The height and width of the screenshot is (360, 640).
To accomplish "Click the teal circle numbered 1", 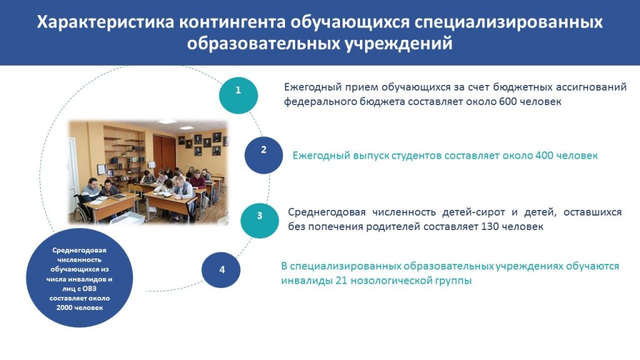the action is click(238, 95).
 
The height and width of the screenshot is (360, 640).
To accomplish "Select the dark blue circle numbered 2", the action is click(264, 155).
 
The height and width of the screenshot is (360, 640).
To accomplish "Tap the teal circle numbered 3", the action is click(259, 220).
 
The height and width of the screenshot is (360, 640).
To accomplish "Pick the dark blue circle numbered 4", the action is click(221, 270).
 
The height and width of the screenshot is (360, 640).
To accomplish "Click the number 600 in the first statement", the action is click(507, 101).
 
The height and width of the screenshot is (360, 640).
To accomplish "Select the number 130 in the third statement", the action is click(490, 226).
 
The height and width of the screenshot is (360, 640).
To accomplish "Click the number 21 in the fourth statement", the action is click(342, 281).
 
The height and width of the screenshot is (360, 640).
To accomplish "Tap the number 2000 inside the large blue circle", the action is click(64, 307).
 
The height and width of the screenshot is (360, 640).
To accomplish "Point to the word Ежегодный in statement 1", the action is click(312, 87).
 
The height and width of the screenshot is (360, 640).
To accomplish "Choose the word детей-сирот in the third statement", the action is click(474, 212).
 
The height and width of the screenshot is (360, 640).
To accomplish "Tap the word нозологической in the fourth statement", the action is click(392, 281).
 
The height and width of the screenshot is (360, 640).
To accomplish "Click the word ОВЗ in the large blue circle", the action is click(89, 289).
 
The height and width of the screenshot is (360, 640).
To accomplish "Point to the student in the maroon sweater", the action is click(197, 179).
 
